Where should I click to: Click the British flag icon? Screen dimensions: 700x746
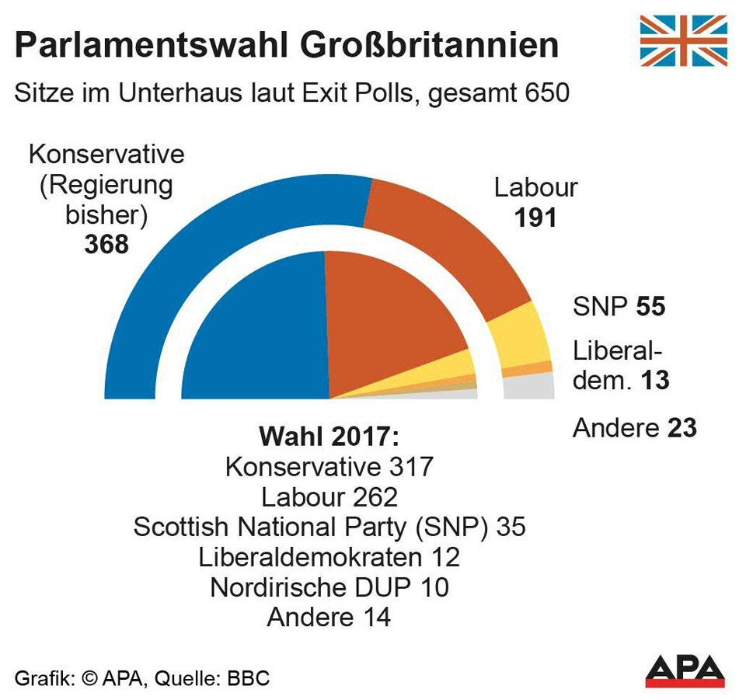(683, 41)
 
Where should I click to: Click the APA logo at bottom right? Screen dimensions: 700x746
(684, 670)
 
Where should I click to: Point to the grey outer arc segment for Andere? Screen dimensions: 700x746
(530, 386)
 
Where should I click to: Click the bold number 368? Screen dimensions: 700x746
(106, 244)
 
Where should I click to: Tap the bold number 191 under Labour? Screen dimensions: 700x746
(535, 218)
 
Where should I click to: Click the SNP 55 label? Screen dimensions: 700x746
(619, 307)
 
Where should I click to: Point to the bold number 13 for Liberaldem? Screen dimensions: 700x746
(654, 381)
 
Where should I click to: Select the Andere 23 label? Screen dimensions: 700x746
(634, 428)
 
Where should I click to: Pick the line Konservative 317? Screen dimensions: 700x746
(329, 467)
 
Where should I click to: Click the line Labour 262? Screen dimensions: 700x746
(329, 497)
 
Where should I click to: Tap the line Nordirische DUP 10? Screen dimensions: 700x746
(329, 587)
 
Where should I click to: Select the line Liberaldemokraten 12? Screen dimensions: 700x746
(329, 557)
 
